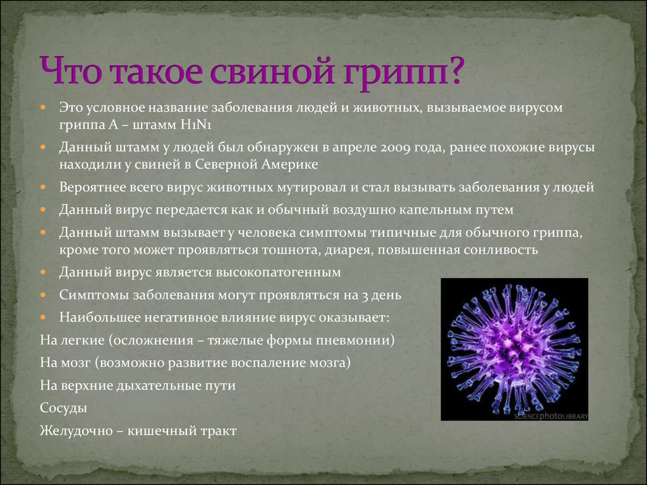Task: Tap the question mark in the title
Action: click(x=455, y=69)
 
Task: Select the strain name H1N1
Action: click(x=196, y=124)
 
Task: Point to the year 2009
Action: click(x=394, y=148)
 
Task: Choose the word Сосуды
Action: click(x=64, y=408)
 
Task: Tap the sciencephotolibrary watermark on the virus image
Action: click(x=551, y=416)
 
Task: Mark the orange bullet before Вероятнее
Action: click(x=44, y=187)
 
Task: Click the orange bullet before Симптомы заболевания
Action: click(x=44, y=295)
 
